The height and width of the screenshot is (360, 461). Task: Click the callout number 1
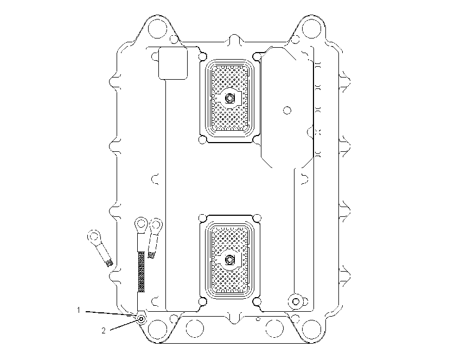pyautogui.click(x=79, y=310)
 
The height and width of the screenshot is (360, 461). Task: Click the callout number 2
pyautogui.click(x=104, y=331)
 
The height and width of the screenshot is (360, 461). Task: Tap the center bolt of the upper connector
pyautogui.click(x=229, y=98)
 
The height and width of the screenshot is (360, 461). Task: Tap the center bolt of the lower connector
pyautogui.click(x=229, y=260)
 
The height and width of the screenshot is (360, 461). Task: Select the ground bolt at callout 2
pyautogui.click(x=142, y=319)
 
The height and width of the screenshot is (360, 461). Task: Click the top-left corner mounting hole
pyautogui.click(x=158, y=29)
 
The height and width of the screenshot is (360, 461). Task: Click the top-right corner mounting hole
pyautogui.click(x=311, y=29)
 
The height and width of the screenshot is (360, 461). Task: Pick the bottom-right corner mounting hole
pyautogui.click(x=311, y=329)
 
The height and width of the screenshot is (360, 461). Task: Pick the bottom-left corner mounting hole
pyautogui.click(x=158, y=329)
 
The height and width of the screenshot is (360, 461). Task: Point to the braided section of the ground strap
pyautogui.click(x=142, y=271)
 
